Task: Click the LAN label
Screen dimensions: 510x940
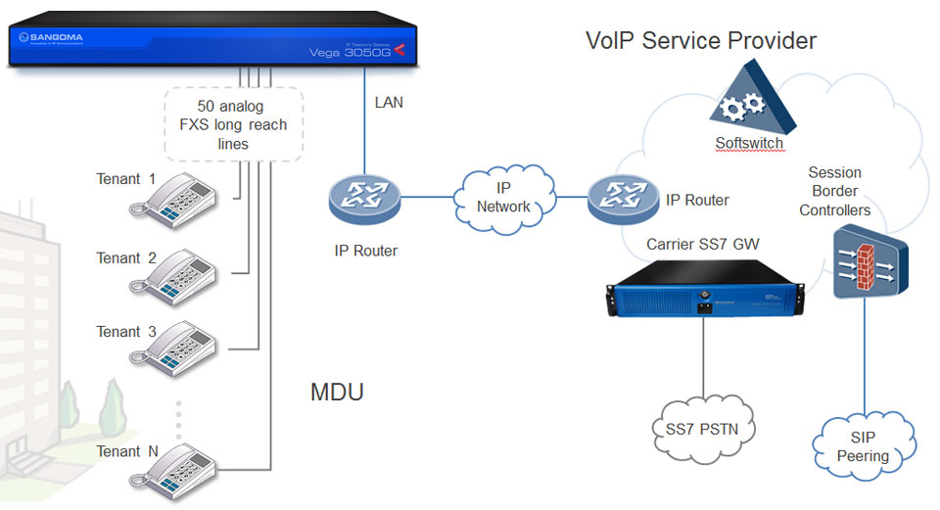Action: click(x=389, y=102)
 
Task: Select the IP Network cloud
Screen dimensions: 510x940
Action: click(x=503, y=199)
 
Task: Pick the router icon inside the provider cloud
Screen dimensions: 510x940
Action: click(x=623, y=198)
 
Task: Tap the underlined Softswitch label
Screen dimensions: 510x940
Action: click(x=749, y=143)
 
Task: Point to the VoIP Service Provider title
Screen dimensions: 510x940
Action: click(x=700, y=40)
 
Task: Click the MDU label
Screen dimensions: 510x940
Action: click(x=337, y=394)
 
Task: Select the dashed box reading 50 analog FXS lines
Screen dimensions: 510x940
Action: click(x=234, y=125)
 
